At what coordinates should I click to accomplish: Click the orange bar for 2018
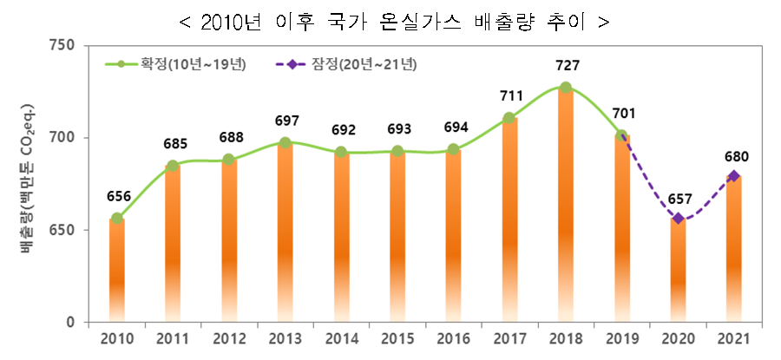click(x=566, y=208)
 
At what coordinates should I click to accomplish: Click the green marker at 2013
click(x=285, y=142)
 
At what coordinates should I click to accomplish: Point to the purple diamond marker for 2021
click(x=734, y=176)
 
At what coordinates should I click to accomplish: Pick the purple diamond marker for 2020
click(x=678, y=219)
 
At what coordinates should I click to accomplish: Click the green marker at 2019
click(x=621, y=135)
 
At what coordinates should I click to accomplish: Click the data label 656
click(x=117, y=196)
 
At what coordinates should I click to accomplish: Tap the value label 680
click(x=735, y=157)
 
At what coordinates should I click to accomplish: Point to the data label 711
click(x=509, y=95)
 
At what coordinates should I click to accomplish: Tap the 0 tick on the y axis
click(x=71, y=323)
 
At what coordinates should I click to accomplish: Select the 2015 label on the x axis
click(x=397, y=337)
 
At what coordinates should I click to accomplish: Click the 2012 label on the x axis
click(x=229, y=337)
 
